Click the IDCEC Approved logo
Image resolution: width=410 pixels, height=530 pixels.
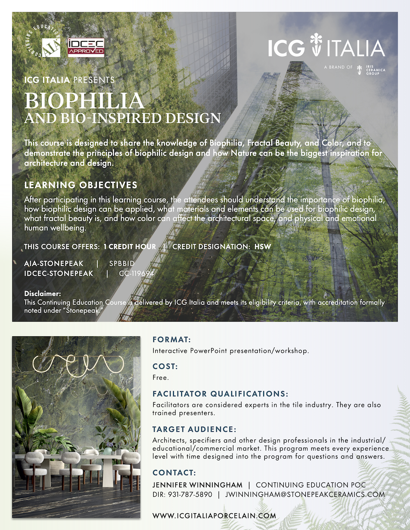86,47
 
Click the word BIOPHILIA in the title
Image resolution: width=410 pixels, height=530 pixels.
84,100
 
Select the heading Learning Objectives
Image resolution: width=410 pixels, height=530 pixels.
81,185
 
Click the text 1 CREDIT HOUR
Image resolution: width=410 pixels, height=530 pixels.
130,247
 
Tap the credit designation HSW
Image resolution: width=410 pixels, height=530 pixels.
263,247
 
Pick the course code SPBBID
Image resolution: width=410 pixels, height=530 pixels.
122,263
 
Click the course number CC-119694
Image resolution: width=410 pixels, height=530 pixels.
137,273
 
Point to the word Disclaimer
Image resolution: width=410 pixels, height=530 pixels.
42,293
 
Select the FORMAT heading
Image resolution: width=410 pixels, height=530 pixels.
172,340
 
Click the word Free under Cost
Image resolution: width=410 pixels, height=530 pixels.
160,377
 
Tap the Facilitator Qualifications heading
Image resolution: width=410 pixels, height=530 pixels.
220,394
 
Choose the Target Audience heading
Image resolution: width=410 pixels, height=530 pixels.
194,429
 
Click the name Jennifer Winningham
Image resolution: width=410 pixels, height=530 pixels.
197,485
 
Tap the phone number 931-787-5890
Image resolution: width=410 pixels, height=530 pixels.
190,494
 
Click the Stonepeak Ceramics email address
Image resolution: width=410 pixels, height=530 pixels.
305,494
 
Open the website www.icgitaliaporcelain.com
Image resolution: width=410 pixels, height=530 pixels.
214,516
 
